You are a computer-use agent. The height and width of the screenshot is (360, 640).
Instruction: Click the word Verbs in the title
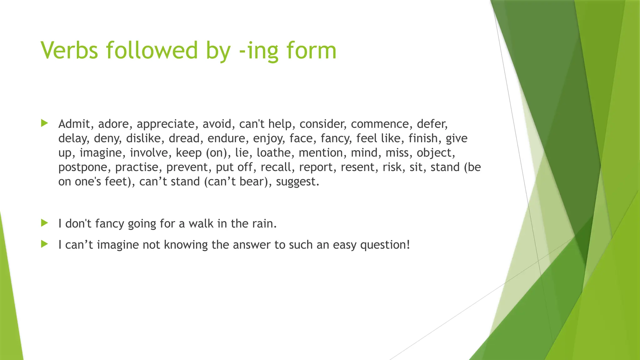pyautogui.click(x=69, y=50)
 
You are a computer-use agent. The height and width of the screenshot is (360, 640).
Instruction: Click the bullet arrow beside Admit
pyautogui.click(x=44, y=123)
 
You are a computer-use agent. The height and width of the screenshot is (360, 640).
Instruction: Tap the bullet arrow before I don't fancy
pyautogui.click(x=44, y=223)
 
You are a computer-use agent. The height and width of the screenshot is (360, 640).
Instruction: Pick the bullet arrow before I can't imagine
pyautogui.click(x=44, y=244)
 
